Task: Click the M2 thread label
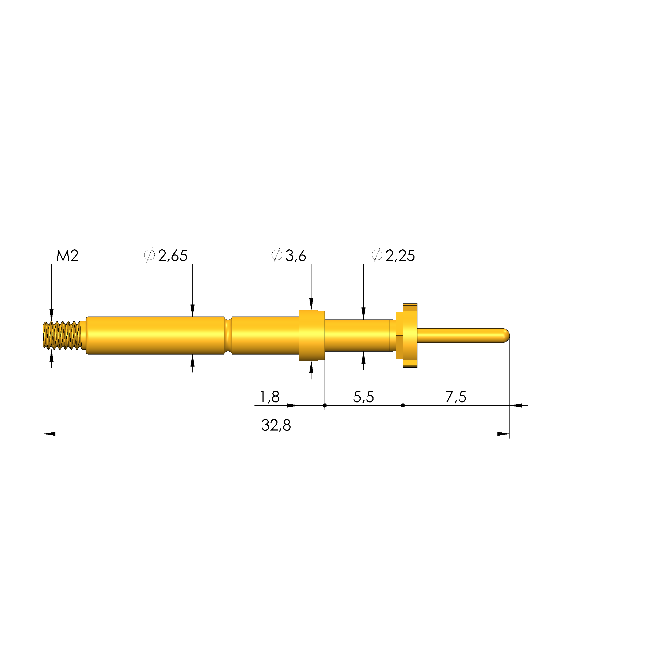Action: coord(67,256)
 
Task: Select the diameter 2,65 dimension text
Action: coord(166,256)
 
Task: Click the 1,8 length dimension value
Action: coord(269,397)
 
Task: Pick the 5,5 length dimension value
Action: coord(363,397)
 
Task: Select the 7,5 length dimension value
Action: coord(456,397)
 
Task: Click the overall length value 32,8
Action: coord(276,425)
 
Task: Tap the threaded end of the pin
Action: coord(62,335)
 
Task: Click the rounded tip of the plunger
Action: coord(506,335)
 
